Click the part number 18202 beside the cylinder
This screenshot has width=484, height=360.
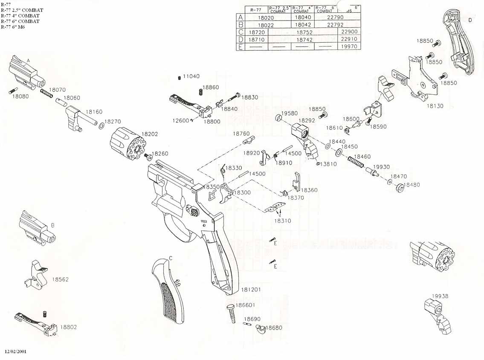[150, 134]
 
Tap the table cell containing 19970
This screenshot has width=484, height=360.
[348, 46]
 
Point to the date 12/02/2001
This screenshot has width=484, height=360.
[16, 352]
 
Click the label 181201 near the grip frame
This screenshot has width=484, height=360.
[252, 290]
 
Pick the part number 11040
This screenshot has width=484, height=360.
[191, 76]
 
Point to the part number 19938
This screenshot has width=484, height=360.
[440, 296]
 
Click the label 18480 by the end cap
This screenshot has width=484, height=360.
[412, 185]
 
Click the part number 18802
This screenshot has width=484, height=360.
[68, 327]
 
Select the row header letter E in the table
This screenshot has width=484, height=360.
[241, 47]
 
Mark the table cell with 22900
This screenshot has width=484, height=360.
[348, 32]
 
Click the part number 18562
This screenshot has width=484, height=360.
[61, 279]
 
